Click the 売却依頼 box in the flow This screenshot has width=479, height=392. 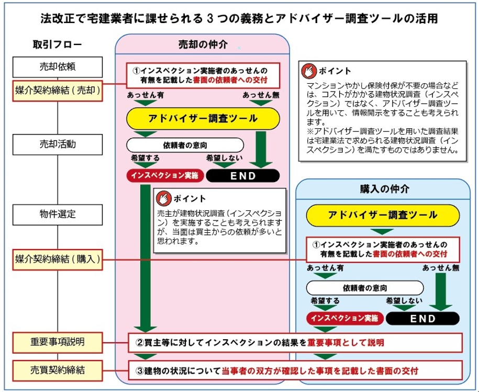[x=58, y=67]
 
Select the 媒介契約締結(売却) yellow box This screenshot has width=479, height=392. [x=58, y=91]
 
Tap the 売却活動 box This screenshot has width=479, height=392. [x=58, y=144]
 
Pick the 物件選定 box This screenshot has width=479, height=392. [x=58, y=215]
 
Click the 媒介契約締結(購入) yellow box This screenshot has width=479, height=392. [x=58, y=260]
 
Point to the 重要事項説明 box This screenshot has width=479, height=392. [x=58, y=342]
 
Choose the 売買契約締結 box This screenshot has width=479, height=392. [x=58, y=371]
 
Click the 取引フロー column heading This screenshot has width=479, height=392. [x=58, y=44]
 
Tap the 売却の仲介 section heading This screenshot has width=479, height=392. [x=203, y=44]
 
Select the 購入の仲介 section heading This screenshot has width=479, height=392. [x=385, y=189]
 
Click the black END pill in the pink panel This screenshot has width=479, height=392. [x=243, y=175]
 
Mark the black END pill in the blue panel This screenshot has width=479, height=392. [x=423, y=318]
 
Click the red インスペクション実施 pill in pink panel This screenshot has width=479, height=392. [x=165, y=175]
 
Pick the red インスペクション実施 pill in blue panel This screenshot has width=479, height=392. [x=345, y=318]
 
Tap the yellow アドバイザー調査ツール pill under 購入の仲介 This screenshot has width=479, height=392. [x=383, y=215]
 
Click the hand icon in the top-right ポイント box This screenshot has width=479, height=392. [x=309, y=71]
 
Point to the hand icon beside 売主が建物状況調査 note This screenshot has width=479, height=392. [x=163, y=199]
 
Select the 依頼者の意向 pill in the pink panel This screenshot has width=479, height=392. [x=185, y=145]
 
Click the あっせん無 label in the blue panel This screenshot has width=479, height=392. [x=441, y=268]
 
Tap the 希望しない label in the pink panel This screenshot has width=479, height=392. [x=225, y=158]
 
